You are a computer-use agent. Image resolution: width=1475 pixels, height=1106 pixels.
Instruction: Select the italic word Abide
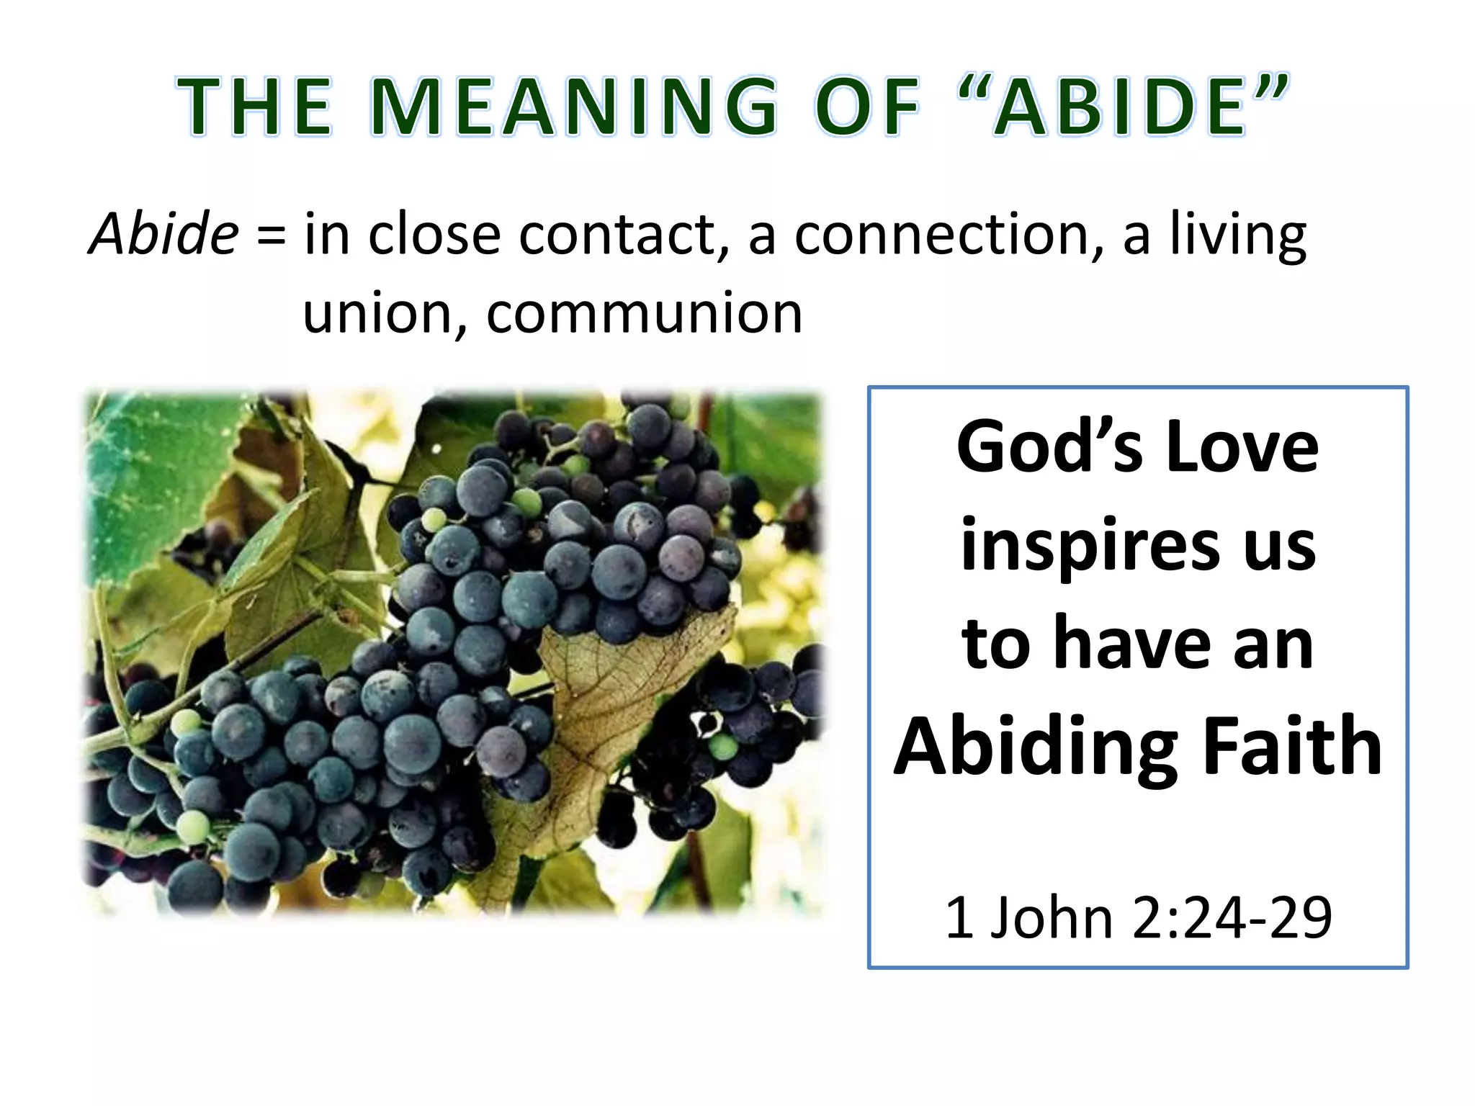point(163,234)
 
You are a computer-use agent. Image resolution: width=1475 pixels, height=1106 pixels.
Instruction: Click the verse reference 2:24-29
point(1232,918)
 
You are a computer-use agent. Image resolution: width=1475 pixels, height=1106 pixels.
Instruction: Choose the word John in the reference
point(1052,918)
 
